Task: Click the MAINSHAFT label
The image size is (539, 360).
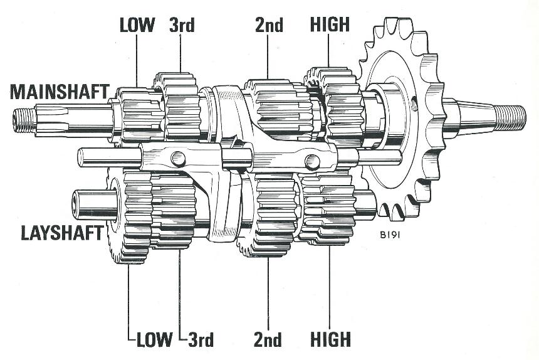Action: tap(59, 93)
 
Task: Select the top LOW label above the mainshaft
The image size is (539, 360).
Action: tap(137, 25)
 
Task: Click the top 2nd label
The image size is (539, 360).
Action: tap(269, 25)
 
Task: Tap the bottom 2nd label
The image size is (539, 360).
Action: tap(269, 339)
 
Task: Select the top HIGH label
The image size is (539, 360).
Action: tap(330, 25)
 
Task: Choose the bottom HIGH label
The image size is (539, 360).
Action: tap(330, 339)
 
